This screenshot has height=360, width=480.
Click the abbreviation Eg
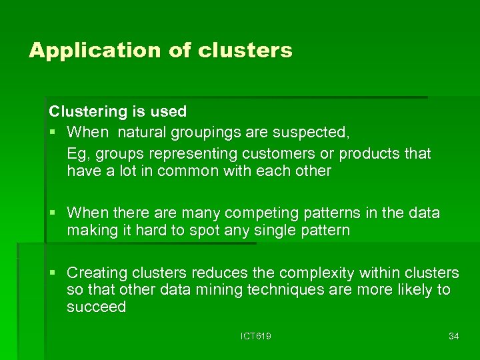click(x=77, y=153)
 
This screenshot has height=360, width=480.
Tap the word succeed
click(x=96, y=307)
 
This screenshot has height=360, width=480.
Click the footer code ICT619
click(x=256, y=336)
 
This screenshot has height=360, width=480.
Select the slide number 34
click(x=454, y=336)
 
